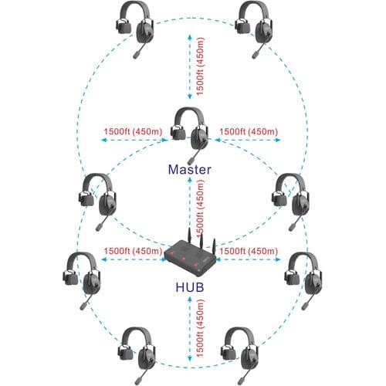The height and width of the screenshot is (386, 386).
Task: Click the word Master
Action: pos(190,170)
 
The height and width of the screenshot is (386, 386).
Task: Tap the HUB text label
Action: pos(190,287)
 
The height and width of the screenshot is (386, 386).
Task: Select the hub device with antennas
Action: pos(191,256)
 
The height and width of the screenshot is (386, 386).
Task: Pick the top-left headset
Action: pos(135,29)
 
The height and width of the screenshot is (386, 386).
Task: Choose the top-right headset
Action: pos(254,29)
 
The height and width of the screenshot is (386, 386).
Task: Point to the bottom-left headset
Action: pos(137,356)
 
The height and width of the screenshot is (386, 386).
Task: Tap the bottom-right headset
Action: pos(240,356)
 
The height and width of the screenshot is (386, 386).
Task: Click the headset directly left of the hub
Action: pos(82,281)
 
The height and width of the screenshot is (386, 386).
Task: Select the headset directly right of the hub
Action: pos(303,281)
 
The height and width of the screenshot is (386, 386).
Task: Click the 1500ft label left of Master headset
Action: pos(133,131)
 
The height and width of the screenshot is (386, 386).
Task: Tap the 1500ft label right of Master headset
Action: pos(249,131)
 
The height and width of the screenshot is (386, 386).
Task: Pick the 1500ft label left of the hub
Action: pos(133,251)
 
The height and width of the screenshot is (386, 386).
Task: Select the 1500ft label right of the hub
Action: pos(249,251)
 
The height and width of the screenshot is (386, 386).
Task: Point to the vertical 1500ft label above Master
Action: pos(200,66)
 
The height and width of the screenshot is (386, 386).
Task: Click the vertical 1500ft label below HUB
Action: pos(200,328)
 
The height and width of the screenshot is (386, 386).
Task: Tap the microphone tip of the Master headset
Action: pos(191,161)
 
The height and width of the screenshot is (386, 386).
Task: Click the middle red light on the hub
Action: pos(184,259)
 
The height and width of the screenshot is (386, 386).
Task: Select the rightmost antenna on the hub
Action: pos(214,246)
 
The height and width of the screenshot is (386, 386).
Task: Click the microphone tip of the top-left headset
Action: pos(137,56)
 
